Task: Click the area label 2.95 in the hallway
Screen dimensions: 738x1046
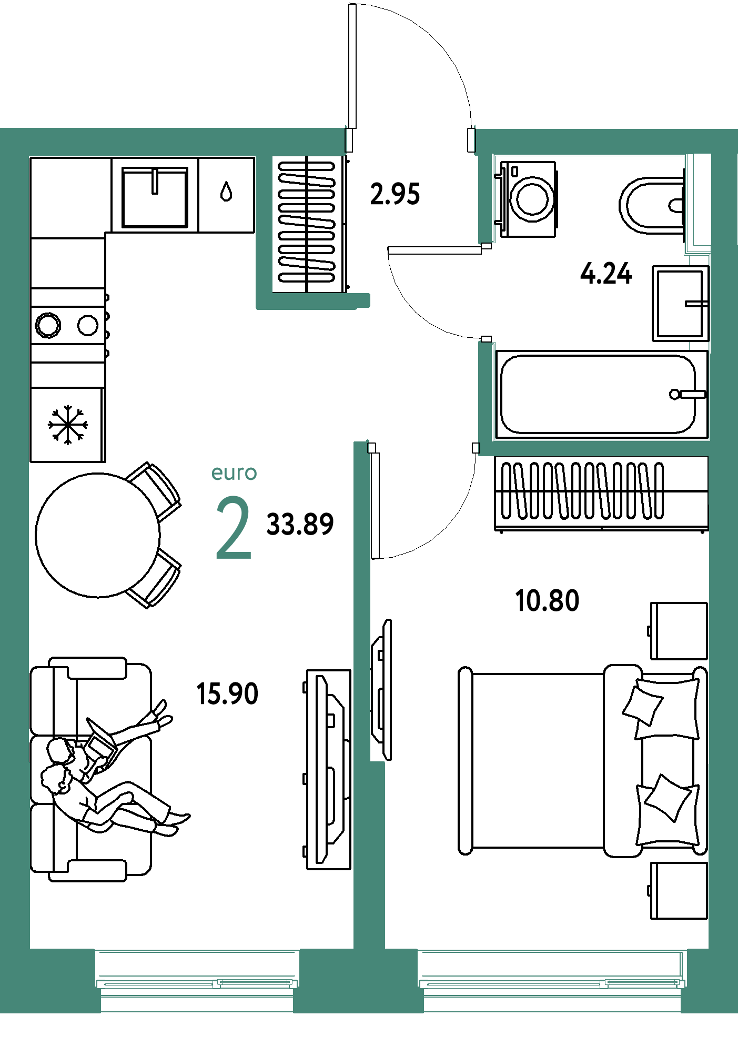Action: click(x=395, y=194)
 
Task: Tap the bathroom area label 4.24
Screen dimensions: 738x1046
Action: click(x=606, y=274)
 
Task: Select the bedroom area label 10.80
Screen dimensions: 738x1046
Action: click(x=547, y=601)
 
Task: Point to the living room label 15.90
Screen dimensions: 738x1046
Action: click(x=227, y=693)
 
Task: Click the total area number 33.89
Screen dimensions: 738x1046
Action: click(x=300, y=525)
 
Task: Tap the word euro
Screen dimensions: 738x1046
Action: click(x=234, y=473)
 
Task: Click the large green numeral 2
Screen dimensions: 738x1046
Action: click(x=234, y=527)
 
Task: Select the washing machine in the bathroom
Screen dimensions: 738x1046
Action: click(x=526, y=199)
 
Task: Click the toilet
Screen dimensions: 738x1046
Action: click(x=652, y=205)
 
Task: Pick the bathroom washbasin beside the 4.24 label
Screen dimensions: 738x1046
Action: click(x=681, y=303)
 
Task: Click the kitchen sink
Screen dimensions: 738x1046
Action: click(x=155, y=197)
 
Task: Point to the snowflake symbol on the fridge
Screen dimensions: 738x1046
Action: click(x=68, y=424)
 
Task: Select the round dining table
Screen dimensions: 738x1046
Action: click(x=98, y=535)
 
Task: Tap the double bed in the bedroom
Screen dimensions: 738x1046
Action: click(x=583, y=760)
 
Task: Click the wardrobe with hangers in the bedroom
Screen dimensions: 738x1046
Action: click(x=601, y=494)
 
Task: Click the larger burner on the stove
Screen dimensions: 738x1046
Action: click(x=48, y=325)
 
